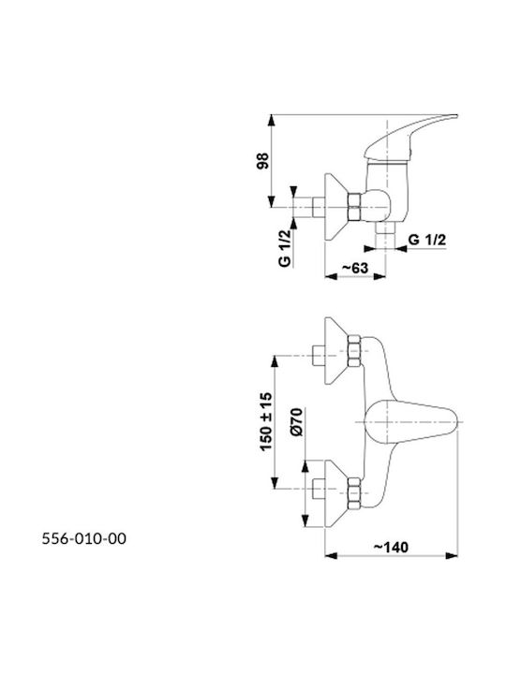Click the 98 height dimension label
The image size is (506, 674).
[x=263, y=160]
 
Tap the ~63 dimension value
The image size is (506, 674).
[x=355, y=268]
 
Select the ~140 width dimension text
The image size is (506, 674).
[x=391, y=548]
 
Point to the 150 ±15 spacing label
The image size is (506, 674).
[x=266, y=421]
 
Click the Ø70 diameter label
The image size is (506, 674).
[x=297, y=422]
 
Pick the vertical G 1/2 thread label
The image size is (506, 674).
[x=285, y=248]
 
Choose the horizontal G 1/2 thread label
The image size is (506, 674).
[x=427, y=240]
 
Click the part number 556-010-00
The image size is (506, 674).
[x=84, y=538]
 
